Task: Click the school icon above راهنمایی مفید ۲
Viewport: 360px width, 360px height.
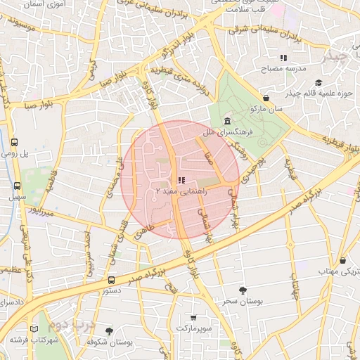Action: click(182, 180)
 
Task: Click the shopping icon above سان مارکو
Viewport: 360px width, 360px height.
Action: click(266, 98)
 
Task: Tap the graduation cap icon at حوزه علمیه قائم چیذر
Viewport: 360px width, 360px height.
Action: click(319, 83)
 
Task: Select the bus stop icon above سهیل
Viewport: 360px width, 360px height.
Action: click(17, 186)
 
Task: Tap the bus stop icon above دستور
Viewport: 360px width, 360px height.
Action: click(111, 280)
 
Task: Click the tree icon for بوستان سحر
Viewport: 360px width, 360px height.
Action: click(243, 290)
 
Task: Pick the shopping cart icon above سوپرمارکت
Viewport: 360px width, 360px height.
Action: click(193, 318)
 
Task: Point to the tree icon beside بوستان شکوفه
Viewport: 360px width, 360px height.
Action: click(108, 330)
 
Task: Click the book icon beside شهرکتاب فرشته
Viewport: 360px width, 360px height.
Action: click(35, 328)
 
